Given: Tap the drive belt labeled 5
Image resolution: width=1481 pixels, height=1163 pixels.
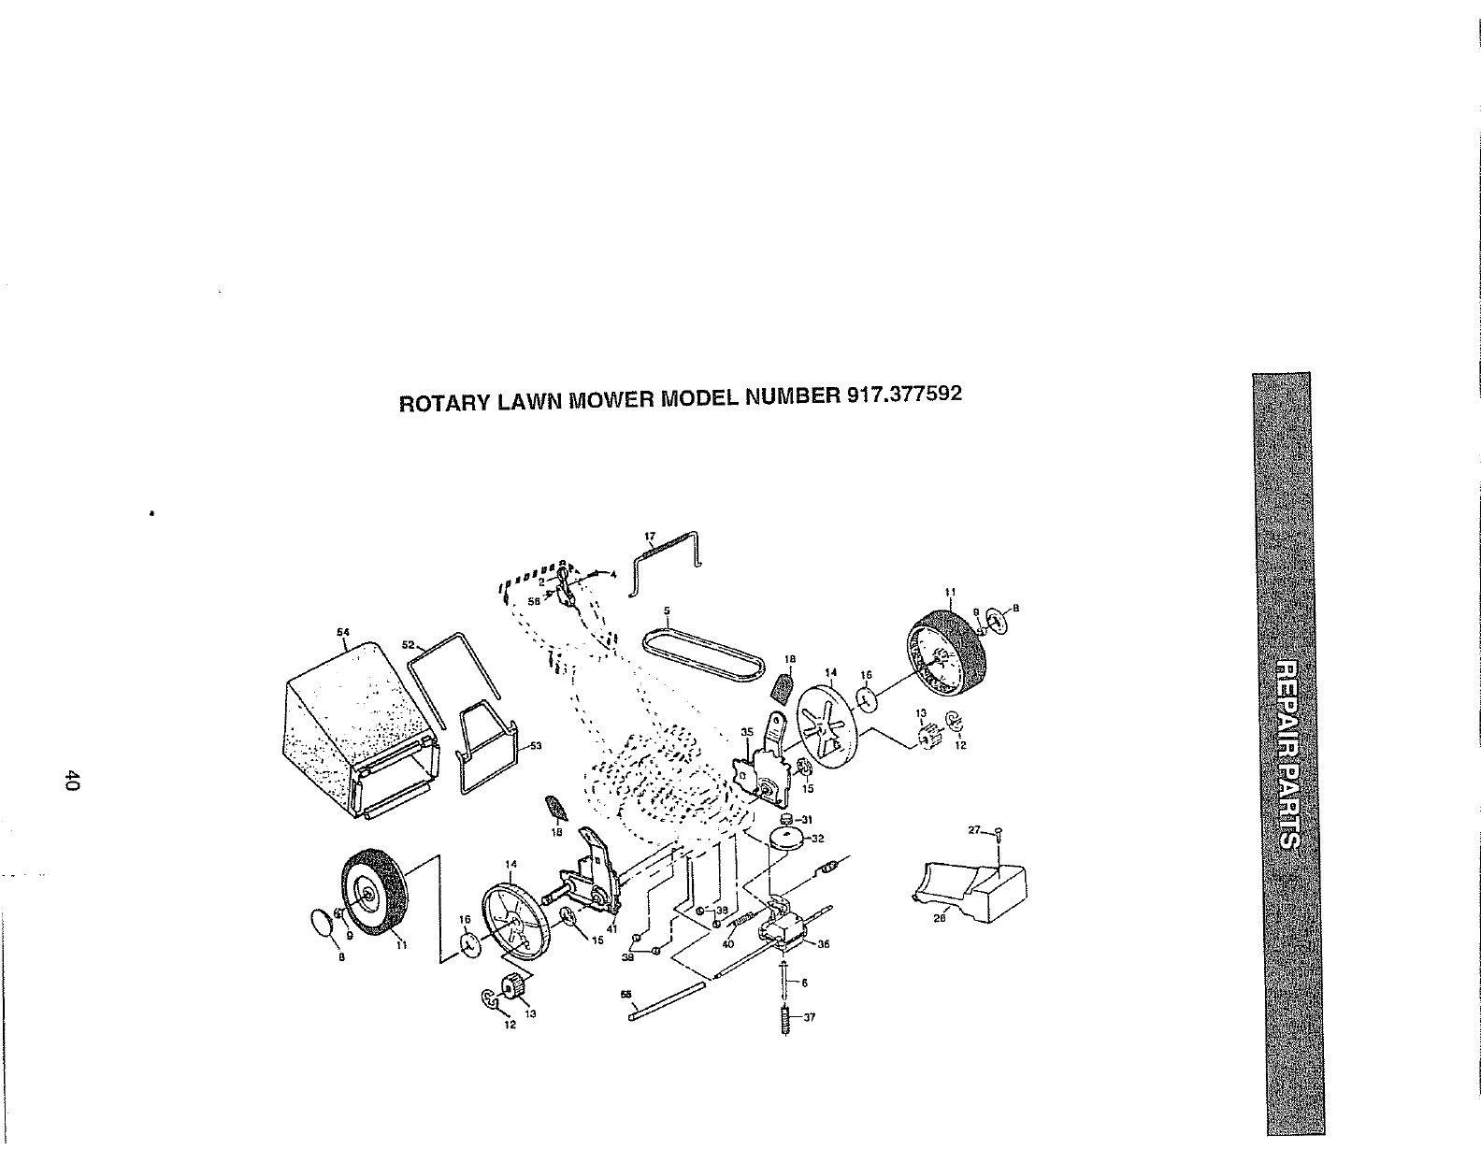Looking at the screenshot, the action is pyautogui.click(x=702, y=646).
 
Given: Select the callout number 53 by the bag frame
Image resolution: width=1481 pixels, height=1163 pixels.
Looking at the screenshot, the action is pyautogui.click(x=537, y=745).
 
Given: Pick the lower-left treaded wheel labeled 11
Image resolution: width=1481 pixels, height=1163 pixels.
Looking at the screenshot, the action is pyautogui.click(x=378, y=892).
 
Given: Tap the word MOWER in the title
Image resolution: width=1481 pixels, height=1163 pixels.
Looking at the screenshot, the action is pyautogui.click(x=611, y=400).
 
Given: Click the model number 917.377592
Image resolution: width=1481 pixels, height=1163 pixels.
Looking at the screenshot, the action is pyautogui.click(x=903, y=395).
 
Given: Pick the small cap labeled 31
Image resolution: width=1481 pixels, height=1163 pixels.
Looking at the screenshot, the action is pyautogui.click(x=787, y=819).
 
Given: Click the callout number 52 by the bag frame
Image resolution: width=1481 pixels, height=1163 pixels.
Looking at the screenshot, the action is pyautogui.click(x=408, y=644).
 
